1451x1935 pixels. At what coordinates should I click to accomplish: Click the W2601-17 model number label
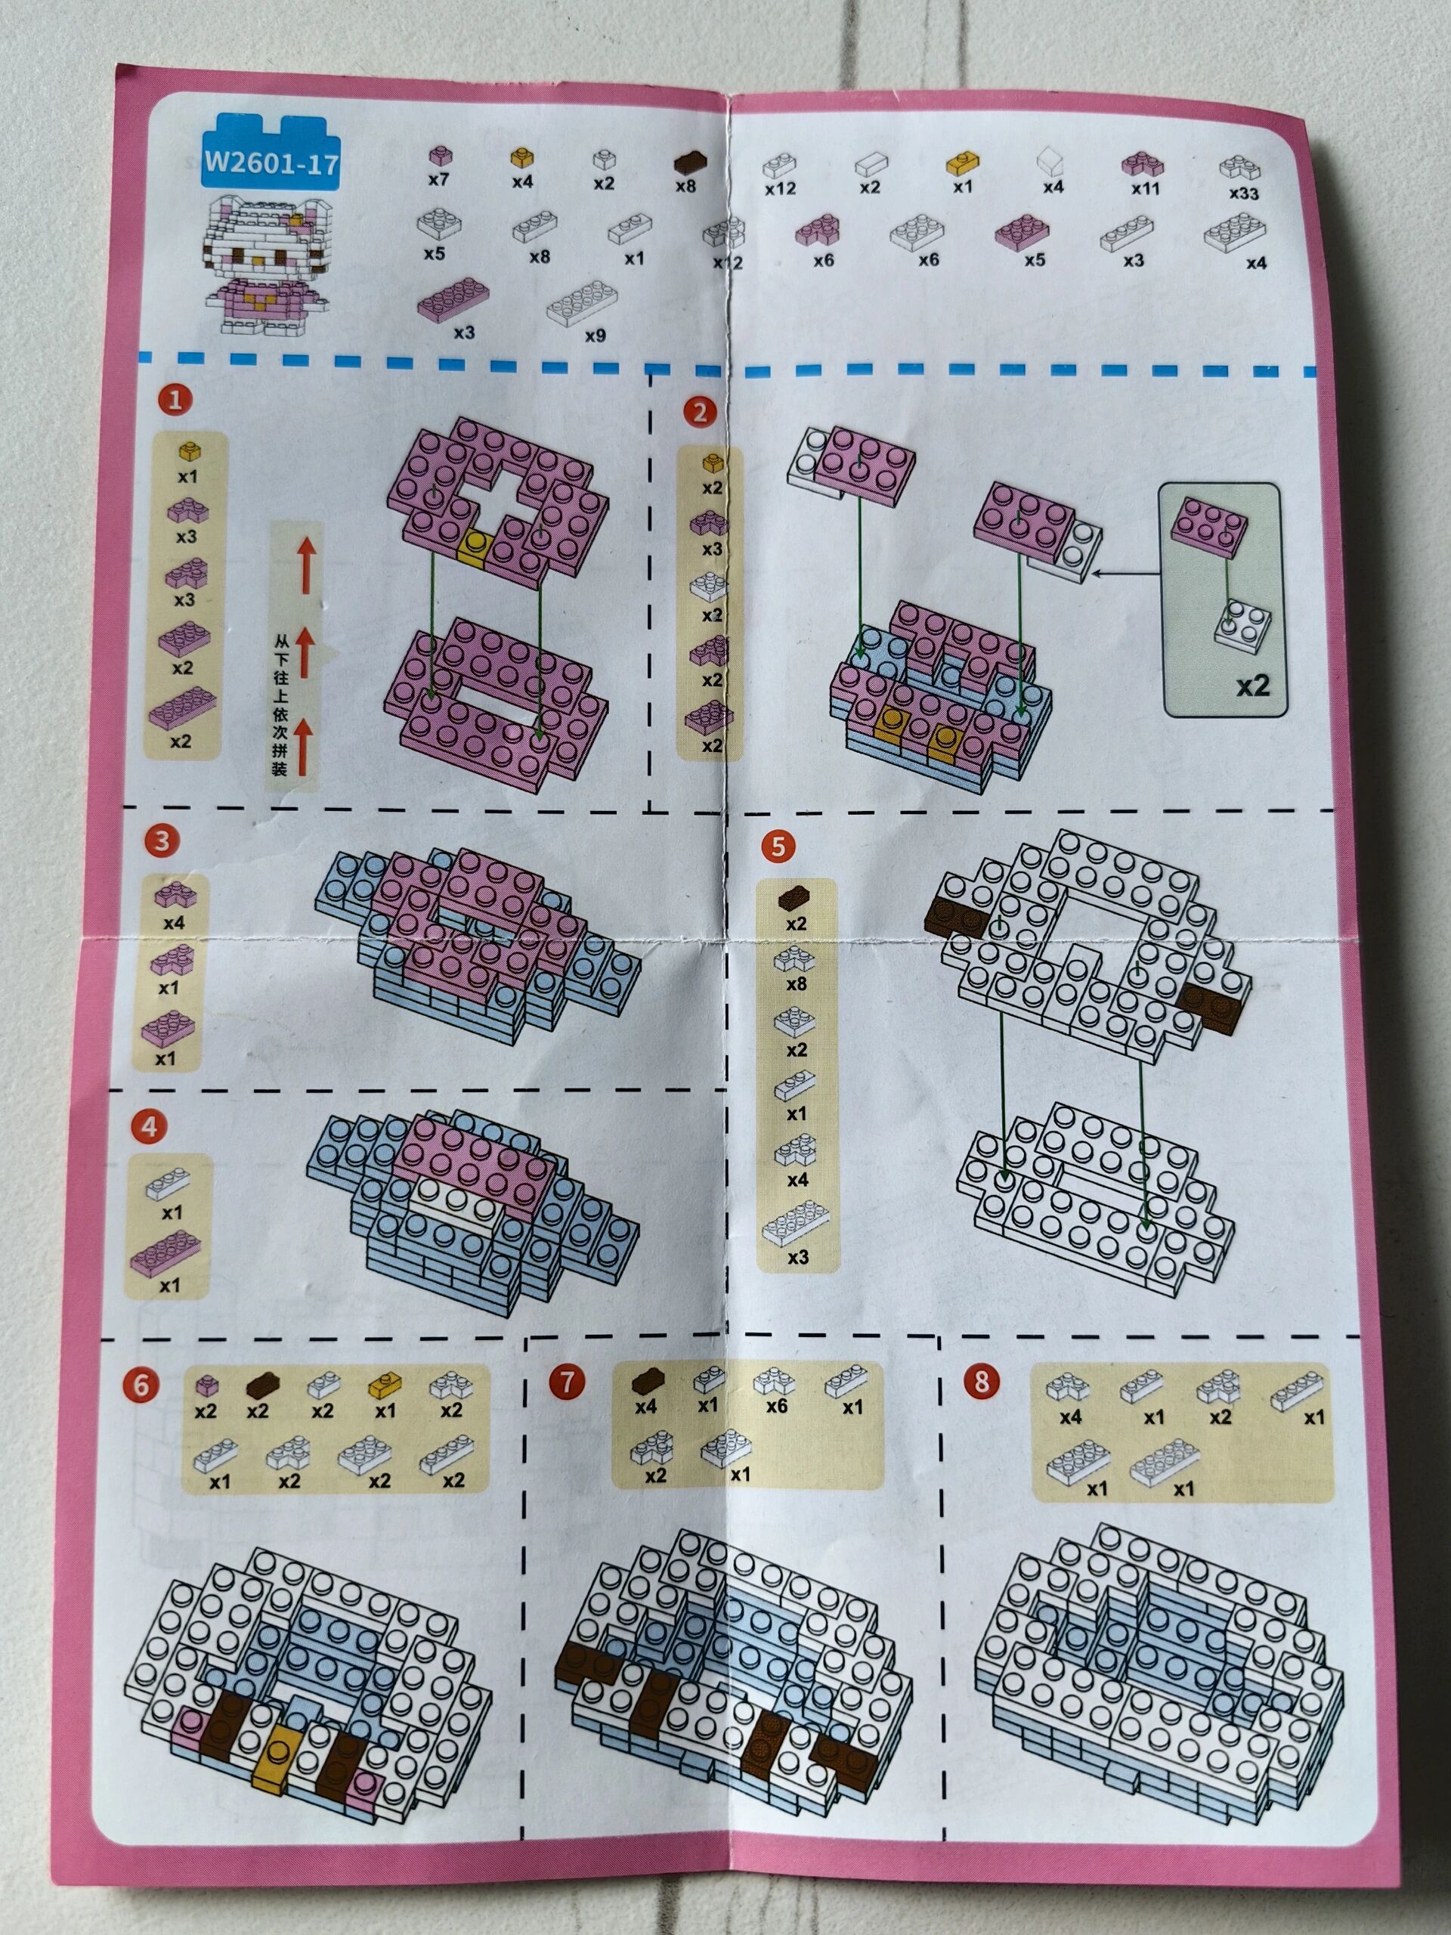271,162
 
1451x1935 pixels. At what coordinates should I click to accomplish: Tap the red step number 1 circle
175,400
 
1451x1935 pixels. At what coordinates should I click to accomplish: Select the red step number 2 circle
700,411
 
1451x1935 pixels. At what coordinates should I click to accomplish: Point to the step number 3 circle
162,841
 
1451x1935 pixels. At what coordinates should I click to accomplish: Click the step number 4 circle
149,1127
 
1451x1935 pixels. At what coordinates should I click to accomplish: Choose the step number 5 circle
778,846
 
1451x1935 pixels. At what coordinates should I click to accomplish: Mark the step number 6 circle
141,1385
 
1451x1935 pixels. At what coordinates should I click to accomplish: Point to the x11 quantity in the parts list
1144,188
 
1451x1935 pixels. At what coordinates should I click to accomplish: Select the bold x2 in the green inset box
1251,686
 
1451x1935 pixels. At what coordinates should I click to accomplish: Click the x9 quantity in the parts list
595,335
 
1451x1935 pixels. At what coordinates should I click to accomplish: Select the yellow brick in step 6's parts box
383,1385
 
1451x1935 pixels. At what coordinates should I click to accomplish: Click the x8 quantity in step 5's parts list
796,984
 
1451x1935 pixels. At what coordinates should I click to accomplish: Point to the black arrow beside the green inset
1125,574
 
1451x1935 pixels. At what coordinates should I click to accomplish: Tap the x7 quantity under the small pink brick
438,179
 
